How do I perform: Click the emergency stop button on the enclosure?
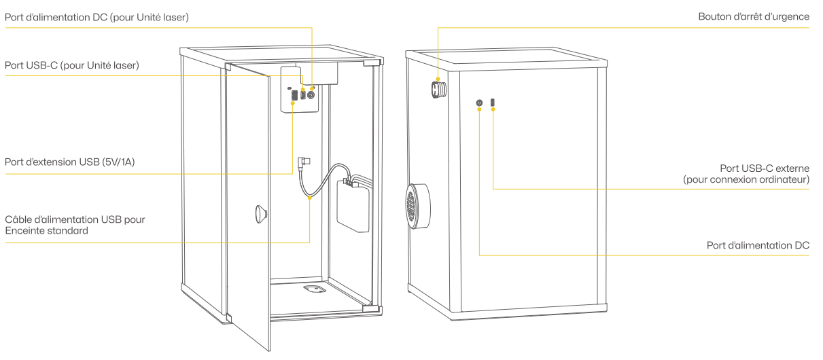pyautogui.click(x=439, y=89)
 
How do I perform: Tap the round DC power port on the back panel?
pyautogui.click(x=479, y=103)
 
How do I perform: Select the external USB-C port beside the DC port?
pyautogui.click(x=493, y=102)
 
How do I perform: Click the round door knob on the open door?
pyautogui.click(x=261, y=214)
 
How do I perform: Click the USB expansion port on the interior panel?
pyautogui.click(x=294, y=96)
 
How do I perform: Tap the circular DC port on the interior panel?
pyautogui.click(x=311, y=95)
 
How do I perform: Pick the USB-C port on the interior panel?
pyautogui.click(x=302, y=95)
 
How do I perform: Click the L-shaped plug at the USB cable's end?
pyautogui.click(x=304, y=162)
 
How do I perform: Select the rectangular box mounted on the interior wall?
pyautogui.click(x=353, y=206)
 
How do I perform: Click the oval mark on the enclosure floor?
pyautogui.click(x=315, y=289)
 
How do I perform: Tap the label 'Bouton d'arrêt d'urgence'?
pyautogui.click(x=754, y=16)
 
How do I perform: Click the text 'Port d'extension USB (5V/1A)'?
pyautogui.click(x=70, y=162)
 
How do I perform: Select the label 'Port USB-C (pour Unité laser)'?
pyautogui.click(x=72, y=65)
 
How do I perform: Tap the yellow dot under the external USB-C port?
pyautogui.click(x=493, y=109)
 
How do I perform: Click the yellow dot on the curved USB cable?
pyautogui.click(x=310, y=198)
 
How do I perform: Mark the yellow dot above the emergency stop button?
pyautogui.click(x=438, y=79)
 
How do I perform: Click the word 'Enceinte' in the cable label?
pyautogui.click(x=24, y=231)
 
